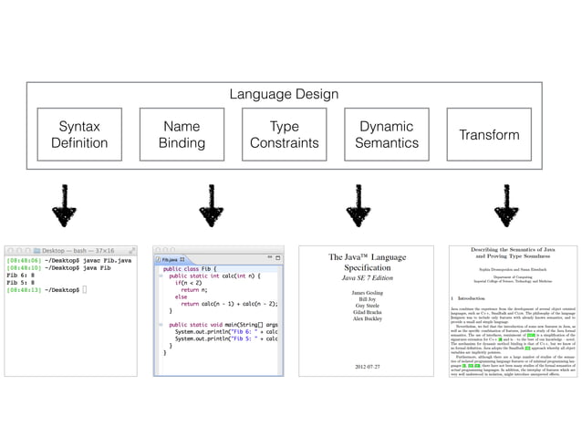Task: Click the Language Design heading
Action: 283,94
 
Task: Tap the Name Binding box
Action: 182,134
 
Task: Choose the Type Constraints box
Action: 284,134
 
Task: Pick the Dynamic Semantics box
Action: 386,134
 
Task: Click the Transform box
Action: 489,134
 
